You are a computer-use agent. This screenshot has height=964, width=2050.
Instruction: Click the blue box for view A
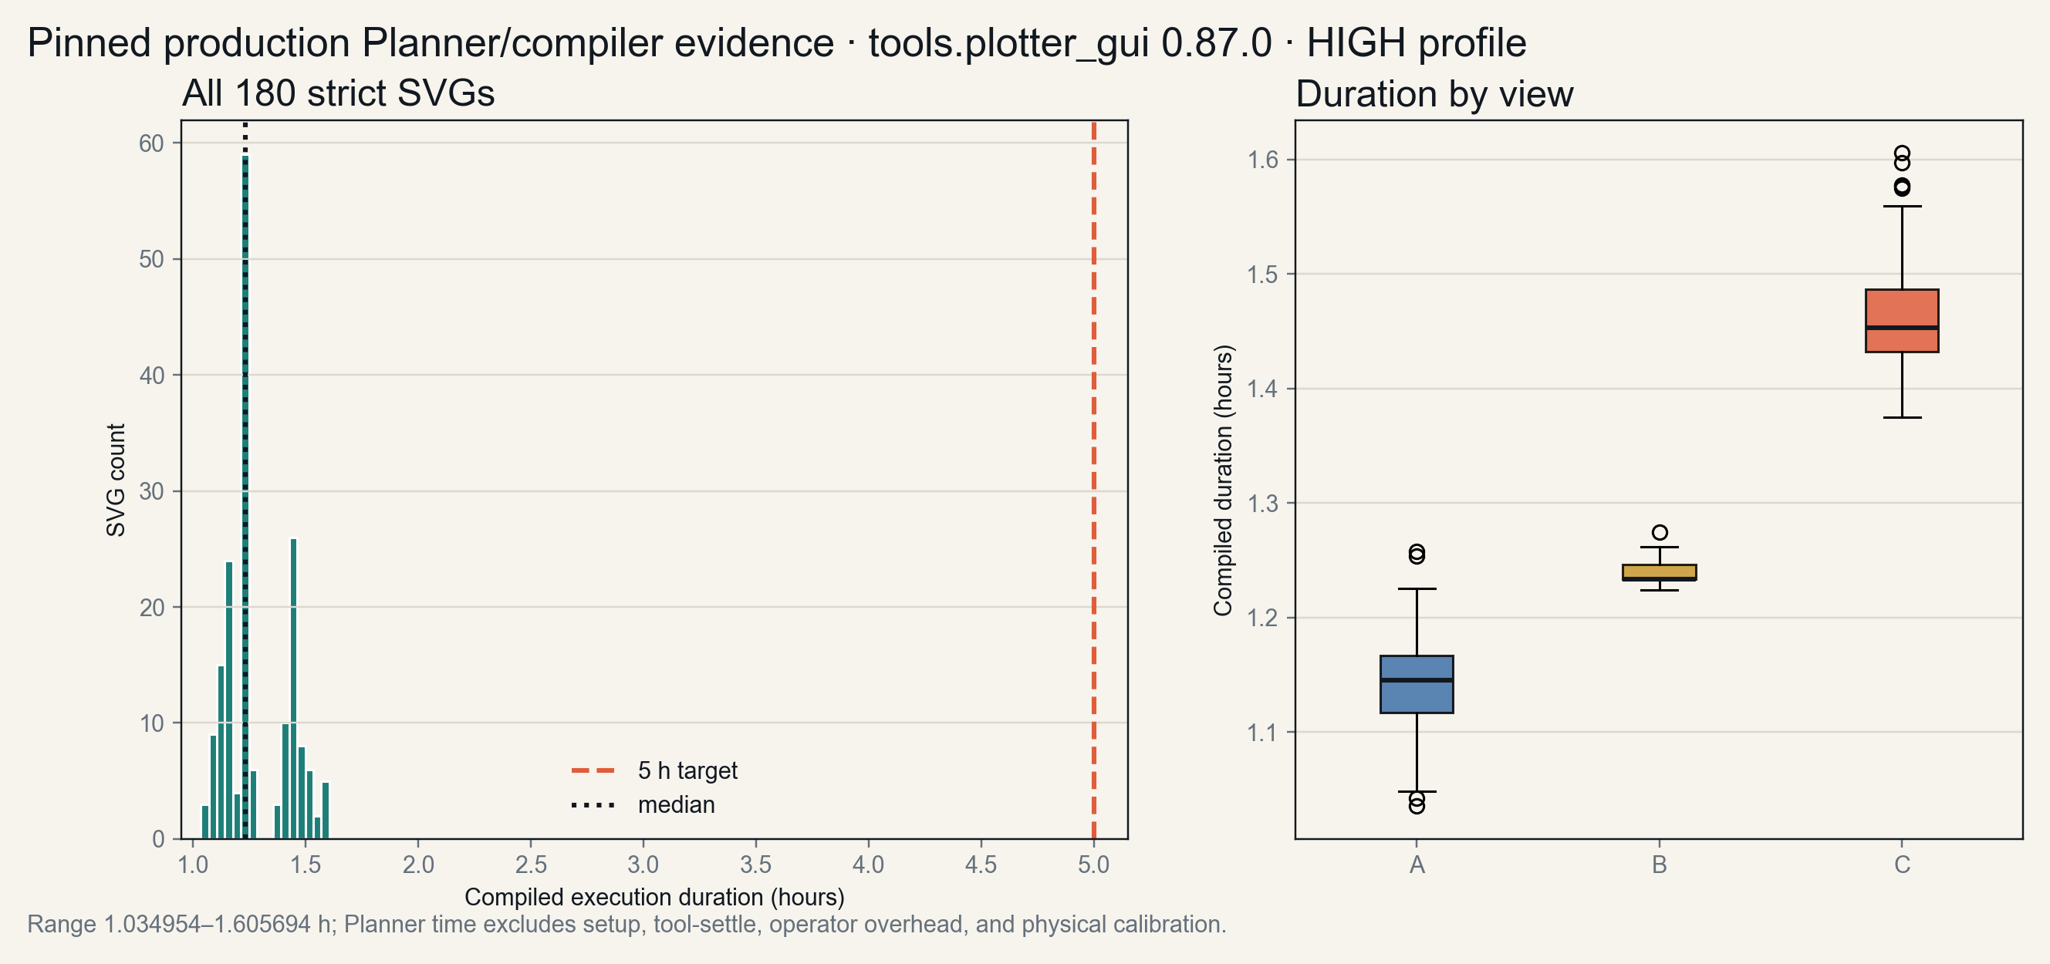(x=1417, y=684)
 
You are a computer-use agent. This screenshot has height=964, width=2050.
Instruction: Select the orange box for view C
(x=1902, y=321)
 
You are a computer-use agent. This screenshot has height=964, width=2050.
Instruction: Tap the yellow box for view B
(x=1660, y=573)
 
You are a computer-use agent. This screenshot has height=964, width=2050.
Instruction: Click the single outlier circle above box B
(x=1660, y=532)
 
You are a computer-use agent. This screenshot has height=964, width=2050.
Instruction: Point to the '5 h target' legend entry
(x=654, y=770)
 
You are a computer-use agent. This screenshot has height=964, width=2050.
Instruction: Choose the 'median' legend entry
(x=643, y=805)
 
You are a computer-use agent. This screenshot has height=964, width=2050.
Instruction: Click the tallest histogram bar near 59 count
(x=245, y=497)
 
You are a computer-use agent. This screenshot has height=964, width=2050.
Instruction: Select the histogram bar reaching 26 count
(x=293, y=689)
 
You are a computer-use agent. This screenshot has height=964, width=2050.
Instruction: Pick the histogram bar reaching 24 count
(x=229, y=700)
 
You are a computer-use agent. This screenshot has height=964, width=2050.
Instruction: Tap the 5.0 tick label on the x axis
(x=1093, y=865)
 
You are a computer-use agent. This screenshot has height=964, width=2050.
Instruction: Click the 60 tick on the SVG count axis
(x=151, y=143)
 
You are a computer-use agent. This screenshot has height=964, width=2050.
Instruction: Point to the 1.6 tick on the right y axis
(x=1262, y=160)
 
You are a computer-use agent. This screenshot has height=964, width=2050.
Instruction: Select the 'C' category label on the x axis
(x=1902, y=865)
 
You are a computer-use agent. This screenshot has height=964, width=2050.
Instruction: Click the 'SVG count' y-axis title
(x=117, y=480)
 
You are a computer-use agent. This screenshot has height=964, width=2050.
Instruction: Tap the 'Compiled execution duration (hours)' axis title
(x=654, y=897)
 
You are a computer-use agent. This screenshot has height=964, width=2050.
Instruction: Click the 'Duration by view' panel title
(x=1434, y=94)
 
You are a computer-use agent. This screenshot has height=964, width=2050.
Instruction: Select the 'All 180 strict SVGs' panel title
(x=338, y=93)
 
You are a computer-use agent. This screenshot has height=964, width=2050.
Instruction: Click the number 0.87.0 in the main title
(x=1217, y=42)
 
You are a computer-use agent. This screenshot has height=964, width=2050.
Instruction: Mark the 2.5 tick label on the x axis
(x=530, y=865)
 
